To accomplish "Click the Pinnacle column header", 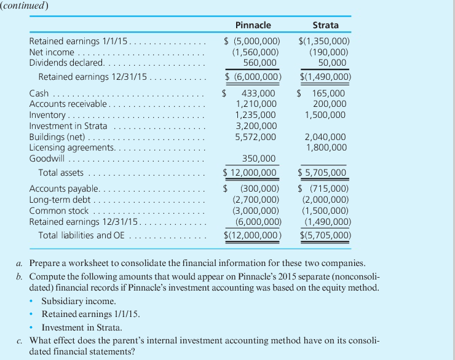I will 253,25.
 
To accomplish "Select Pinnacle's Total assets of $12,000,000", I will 253,173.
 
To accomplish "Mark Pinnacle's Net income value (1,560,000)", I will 256,52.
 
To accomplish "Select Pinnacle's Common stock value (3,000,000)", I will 256,210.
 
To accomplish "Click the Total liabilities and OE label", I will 82,235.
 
